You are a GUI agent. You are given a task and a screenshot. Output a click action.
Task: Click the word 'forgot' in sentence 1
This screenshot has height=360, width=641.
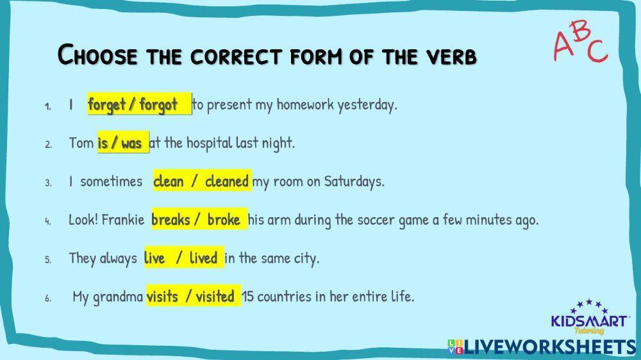[x=158, y=104]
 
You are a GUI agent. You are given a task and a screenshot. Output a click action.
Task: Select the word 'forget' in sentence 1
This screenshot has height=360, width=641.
[x=106, y=104]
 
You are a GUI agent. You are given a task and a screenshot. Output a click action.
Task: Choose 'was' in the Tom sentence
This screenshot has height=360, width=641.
[x=131, y=143]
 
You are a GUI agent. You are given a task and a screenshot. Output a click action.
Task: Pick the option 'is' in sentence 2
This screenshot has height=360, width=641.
[x=103, y=143]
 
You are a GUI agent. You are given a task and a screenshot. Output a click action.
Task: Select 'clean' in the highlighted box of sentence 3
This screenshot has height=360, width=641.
[x=168, y=181]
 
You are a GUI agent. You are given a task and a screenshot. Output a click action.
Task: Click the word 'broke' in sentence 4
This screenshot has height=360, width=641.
[x=224, y=220]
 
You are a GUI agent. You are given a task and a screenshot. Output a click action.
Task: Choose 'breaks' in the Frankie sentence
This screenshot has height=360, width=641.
[x=171, y=220]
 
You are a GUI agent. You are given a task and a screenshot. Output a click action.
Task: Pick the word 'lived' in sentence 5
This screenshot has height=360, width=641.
[x=203, y=258]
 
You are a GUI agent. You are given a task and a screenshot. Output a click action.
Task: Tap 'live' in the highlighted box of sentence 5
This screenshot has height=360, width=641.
[x=154, y=258]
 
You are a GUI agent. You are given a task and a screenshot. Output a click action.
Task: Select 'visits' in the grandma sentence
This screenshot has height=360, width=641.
[x=163, y=297]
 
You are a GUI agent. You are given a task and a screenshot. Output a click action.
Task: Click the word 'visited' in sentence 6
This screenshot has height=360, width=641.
[x=215, y=297]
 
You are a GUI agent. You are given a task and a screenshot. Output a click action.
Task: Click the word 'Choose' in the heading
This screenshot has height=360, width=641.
[x=97, y=55]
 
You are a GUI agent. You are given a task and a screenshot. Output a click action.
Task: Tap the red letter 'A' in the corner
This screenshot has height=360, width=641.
[x=562, y=47]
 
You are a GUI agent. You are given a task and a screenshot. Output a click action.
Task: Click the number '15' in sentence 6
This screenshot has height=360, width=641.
[x=248, y=297]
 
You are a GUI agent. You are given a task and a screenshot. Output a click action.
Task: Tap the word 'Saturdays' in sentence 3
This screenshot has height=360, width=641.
[x=353, y=181]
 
